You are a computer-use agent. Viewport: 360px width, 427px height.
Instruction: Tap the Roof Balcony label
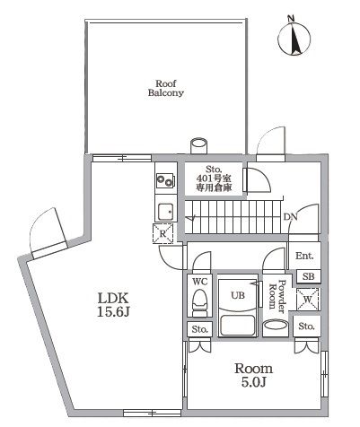[x=166, y=86]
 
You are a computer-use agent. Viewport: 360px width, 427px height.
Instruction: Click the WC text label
[x=200, y=280]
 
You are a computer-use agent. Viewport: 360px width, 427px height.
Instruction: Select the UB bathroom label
[x=238, y=293]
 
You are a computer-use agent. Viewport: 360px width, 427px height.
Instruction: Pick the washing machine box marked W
[x=308, y=298]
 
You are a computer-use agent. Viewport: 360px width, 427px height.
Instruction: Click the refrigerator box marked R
[x=164, y=235]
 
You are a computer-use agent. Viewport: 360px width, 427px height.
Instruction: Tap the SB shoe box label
[x=307, y=275]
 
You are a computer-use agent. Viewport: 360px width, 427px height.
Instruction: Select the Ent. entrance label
[x=304, y=257]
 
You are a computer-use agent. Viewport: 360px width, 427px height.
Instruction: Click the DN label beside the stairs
[x=290, y=217]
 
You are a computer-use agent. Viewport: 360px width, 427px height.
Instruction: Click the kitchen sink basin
[x=165, y=212]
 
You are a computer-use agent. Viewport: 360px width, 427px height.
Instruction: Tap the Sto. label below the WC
[x=199, y=330]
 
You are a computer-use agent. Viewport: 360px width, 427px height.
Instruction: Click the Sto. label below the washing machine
[x=307, y=325]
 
